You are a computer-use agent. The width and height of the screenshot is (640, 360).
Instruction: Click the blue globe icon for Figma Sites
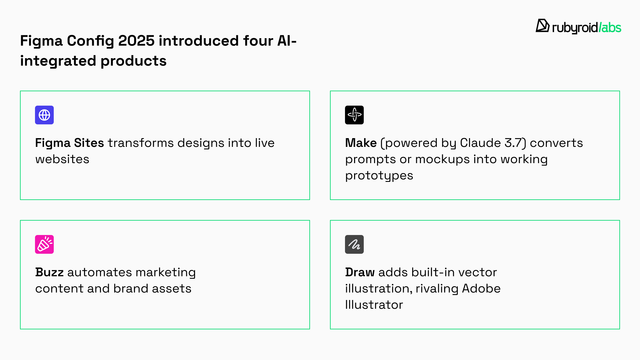pos(44,115)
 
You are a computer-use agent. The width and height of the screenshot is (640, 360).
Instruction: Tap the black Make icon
pos(354,115)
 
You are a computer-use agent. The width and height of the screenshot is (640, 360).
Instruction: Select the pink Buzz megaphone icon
pos(44,244)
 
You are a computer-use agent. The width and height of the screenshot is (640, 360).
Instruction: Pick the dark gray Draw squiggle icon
pos(354,244)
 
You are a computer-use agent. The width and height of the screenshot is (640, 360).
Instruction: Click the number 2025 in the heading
pos(136,41)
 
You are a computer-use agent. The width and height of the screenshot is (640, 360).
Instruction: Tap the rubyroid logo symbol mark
pos(542,26)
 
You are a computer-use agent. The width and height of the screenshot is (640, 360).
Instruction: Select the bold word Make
pos(361,143)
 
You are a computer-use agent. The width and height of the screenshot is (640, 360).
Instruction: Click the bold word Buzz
pos(49,272)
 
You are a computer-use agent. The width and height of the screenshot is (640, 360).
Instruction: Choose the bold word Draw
pos(360,272)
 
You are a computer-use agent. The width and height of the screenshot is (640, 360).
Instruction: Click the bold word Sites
pos(89,143)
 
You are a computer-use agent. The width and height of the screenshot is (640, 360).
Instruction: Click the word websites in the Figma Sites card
pos(62,159)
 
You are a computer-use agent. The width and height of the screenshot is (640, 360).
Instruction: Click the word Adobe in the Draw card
pos(481,288)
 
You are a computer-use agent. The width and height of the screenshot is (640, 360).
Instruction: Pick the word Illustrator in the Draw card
pos(374,305)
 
